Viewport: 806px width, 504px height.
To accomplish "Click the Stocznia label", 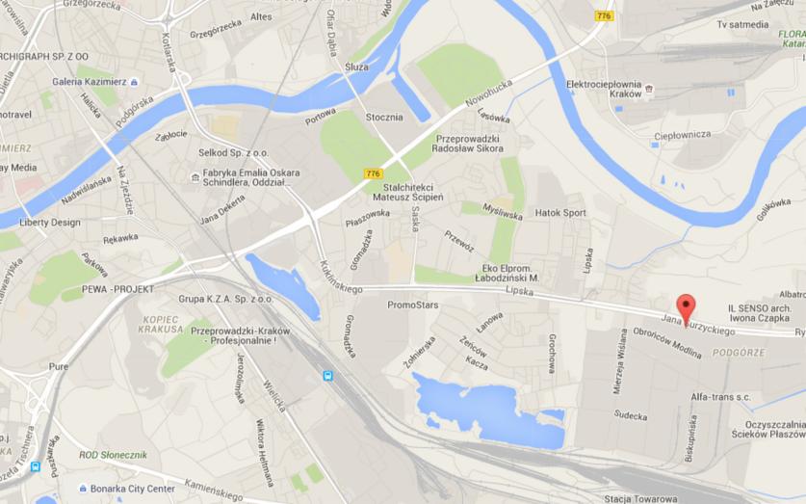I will coord(384,118).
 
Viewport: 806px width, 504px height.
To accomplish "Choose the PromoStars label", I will coord(412,305).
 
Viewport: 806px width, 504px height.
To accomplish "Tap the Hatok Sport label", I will coord(560,213).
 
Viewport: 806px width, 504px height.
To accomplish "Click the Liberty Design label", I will coord(50,223).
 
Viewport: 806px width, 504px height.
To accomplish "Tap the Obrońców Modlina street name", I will coord(666,342).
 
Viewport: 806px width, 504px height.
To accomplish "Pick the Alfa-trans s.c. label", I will coord(719,397).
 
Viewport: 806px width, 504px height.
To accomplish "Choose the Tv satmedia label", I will coord(742,24).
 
